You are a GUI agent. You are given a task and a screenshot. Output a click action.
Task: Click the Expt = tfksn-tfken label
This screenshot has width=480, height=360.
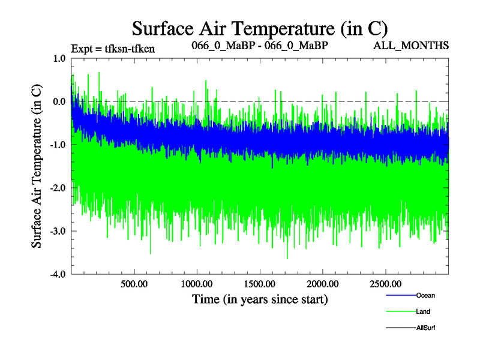(x=113, y=49)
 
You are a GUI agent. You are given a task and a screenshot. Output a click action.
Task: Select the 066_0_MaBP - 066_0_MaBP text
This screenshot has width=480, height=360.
(x=259, y=46)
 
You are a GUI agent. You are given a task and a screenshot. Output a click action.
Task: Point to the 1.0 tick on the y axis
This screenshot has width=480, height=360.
(x=59, y=59)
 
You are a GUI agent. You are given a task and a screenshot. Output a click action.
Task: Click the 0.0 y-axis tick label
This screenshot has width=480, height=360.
(x=59, y=102)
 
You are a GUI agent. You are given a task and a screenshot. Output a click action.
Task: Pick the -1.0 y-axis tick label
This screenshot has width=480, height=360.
(x=58, y=145)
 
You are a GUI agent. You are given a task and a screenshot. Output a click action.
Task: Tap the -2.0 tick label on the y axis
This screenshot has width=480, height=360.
(x=58, y=188)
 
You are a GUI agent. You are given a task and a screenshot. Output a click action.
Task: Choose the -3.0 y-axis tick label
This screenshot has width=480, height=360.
(x=58, y=232)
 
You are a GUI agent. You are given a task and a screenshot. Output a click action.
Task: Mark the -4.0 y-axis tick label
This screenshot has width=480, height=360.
(x=58, y=275)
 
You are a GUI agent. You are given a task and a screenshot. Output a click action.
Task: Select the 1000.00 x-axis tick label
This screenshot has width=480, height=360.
(x=197, y=283)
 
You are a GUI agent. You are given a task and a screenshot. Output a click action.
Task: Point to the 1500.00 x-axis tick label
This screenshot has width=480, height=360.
(x=260, y=283)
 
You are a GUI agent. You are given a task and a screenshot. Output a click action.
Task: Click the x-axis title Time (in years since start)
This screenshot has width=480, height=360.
(x=260, y=298)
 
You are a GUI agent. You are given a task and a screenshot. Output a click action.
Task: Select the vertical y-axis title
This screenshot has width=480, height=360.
(x=37, y=166)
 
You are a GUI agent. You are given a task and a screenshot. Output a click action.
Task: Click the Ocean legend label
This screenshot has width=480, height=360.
(x=425, y=296)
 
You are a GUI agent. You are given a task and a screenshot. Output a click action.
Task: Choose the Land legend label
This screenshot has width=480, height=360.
(x=423, y=311)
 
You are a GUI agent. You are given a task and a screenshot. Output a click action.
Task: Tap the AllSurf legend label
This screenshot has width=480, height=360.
(x=425, y=328)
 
